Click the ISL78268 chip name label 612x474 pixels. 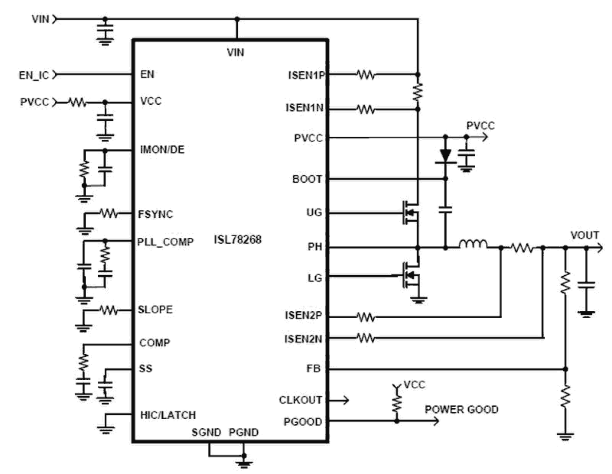point(237,240)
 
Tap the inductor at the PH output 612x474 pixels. point(473,245)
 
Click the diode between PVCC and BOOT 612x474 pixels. point(445,155)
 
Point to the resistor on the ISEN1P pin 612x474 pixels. point(365,75)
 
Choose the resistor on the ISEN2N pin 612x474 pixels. point(365,338)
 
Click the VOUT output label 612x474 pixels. point(584,235)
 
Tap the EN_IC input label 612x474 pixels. point(34,75)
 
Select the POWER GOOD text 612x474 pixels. point(461,409)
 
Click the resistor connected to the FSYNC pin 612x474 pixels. point(108,213)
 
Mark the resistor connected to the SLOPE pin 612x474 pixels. point(108,310)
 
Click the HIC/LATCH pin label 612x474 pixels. point(168,415)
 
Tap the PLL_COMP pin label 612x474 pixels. point(165,242)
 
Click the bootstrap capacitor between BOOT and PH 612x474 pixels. point(445,210)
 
